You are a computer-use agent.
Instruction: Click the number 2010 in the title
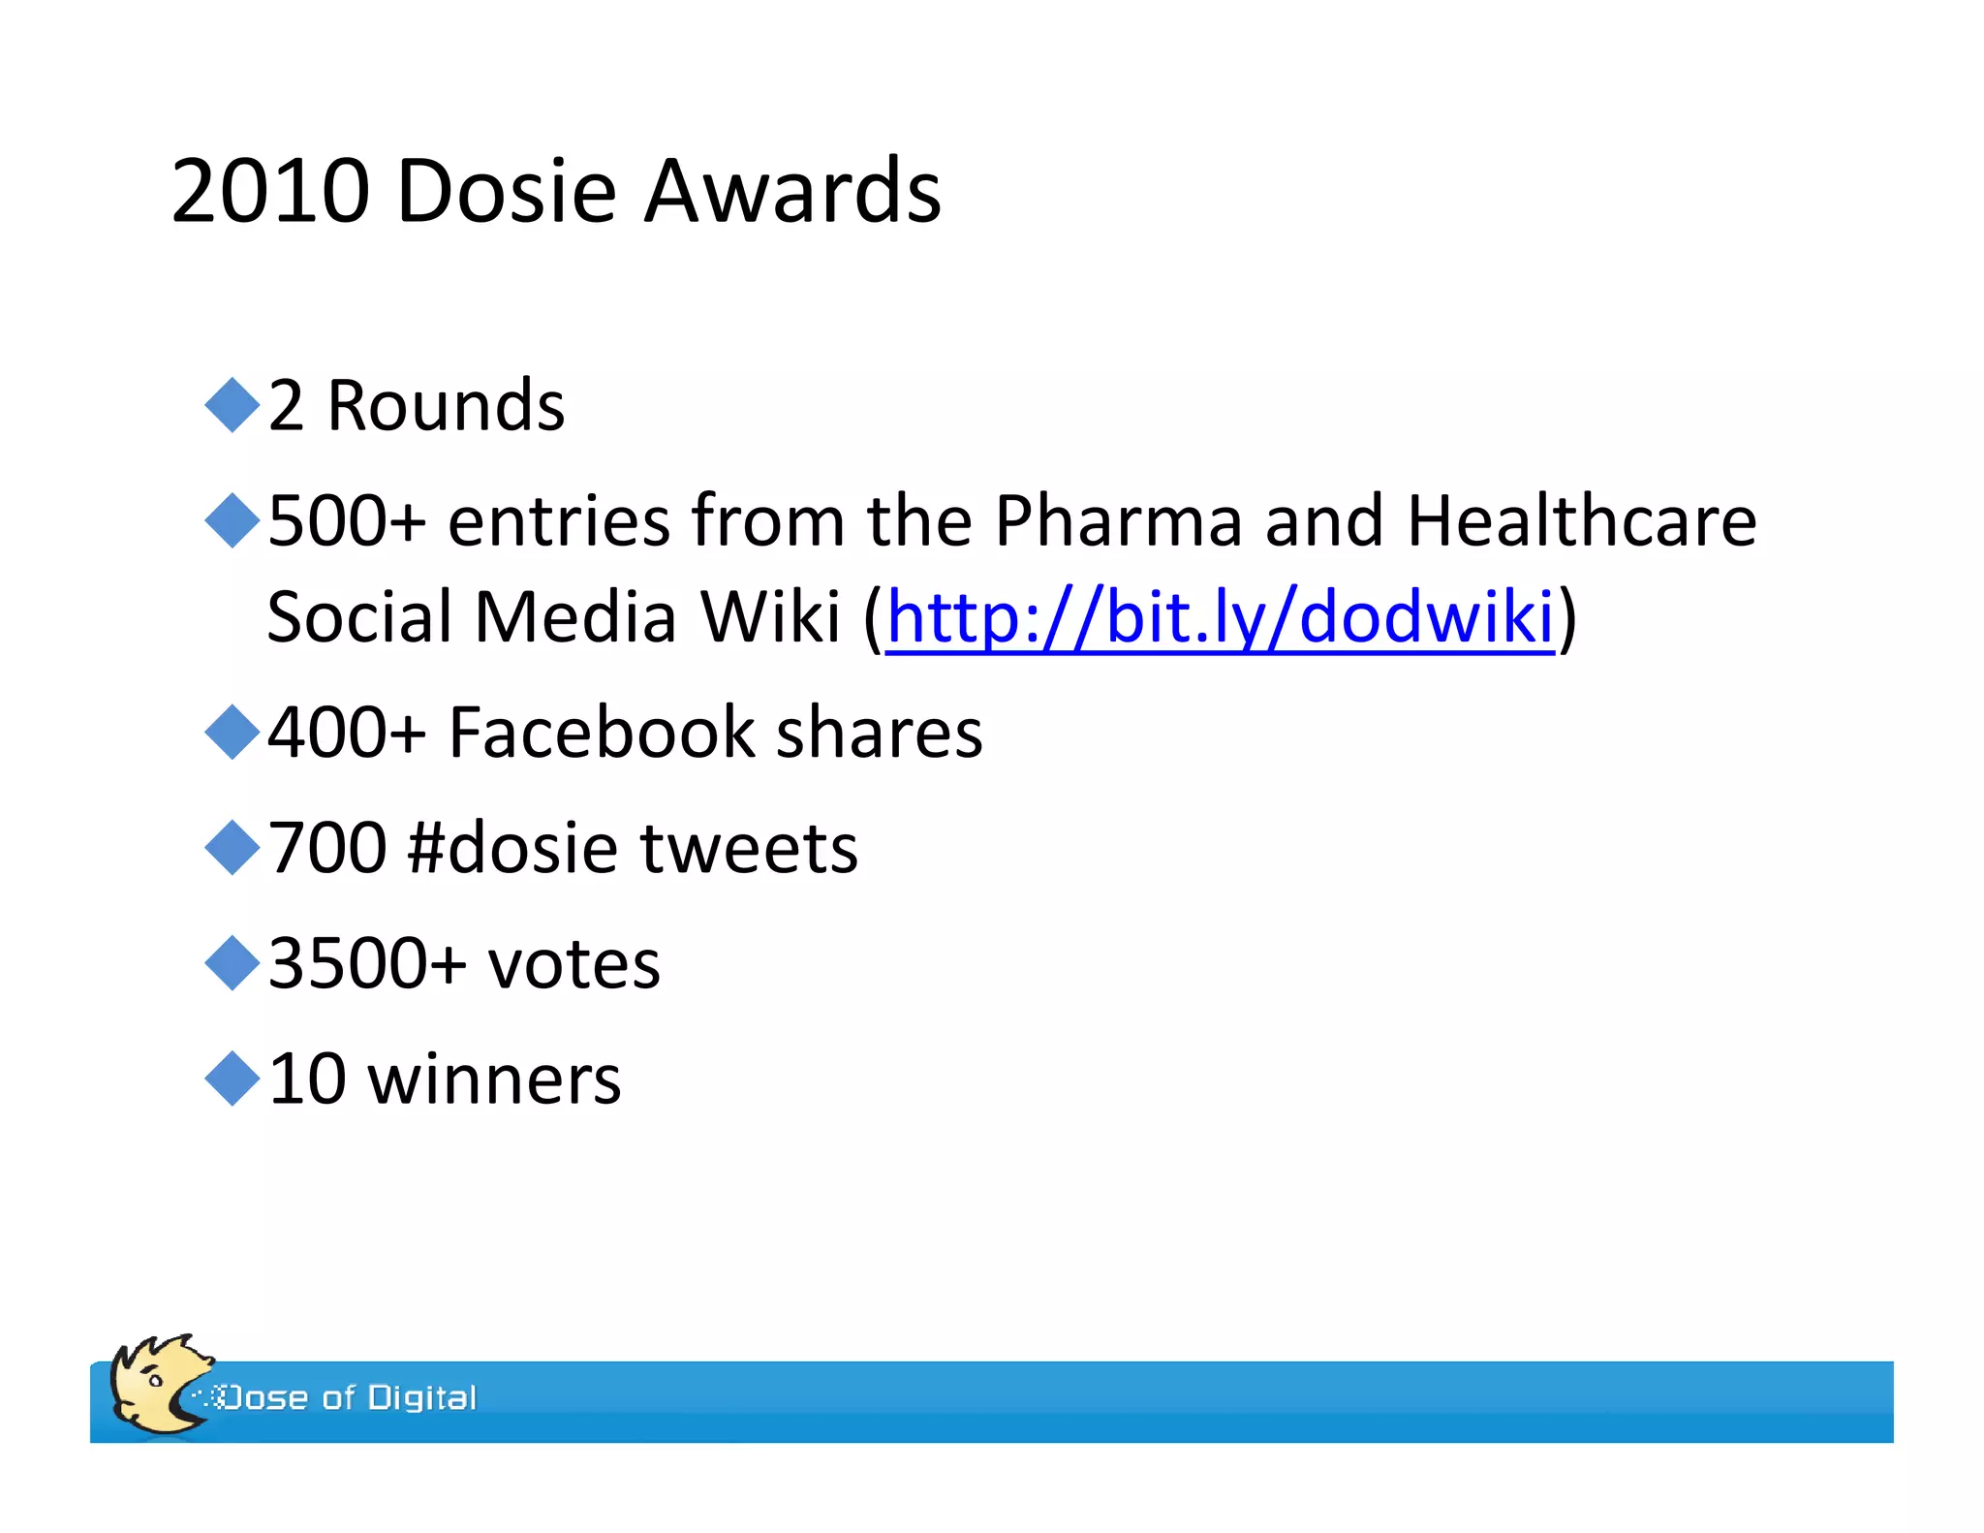[x=270, y=191]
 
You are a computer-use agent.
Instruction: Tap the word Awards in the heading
[x=791, y=191]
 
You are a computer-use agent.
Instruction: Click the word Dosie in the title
[x=506, y=191]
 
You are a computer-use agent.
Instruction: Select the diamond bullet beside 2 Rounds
[x=232, y=405]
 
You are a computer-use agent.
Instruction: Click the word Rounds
[x=446, y=405]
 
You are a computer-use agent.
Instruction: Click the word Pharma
[x=1118, y=521]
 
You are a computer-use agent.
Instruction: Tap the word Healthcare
[x=1581, y=521]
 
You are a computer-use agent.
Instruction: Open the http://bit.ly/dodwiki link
[x=1220, y=617]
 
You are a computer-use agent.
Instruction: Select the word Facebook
[x=601, y=733]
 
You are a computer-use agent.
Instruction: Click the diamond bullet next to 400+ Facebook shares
[x=232, y=733]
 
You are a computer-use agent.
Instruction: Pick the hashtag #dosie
[x=512, y=848]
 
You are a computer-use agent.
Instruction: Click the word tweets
[x=749, y=848]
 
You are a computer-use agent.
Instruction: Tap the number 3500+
[x=367, y=963]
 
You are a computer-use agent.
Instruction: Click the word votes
[x=573, y=963]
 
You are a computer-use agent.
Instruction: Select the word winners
[x=494, y=1079]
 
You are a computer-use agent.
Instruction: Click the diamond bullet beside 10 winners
[x=232, y=1079]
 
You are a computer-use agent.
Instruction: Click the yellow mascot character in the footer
[x=155, y=1386]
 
